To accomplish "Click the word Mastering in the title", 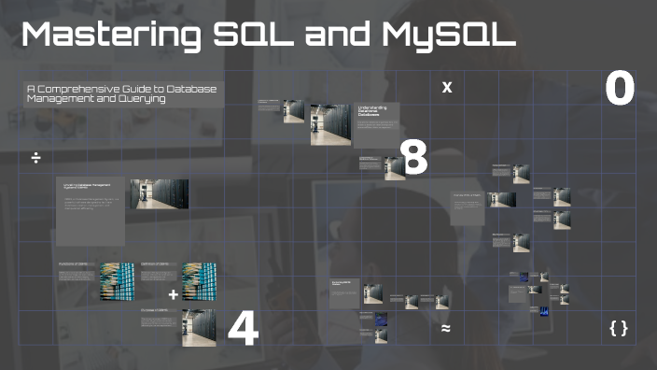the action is click(x=103, y=36).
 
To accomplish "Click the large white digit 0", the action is click(x=620, y=89).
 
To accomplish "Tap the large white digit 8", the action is click(x=413, y=158).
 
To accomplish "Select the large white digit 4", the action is click(x=243, y=330).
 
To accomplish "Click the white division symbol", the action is click(x=35, y=158).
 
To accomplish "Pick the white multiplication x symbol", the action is click(x=447, y=88).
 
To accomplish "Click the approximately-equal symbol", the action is click(x=446, y=329).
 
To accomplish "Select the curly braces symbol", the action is click(x=618, y=328).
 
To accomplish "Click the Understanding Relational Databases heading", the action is click(x=372, y=113).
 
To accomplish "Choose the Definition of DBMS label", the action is click(x=155, y=265).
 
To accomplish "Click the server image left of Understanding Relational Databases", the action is click(x=328, y=123).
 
